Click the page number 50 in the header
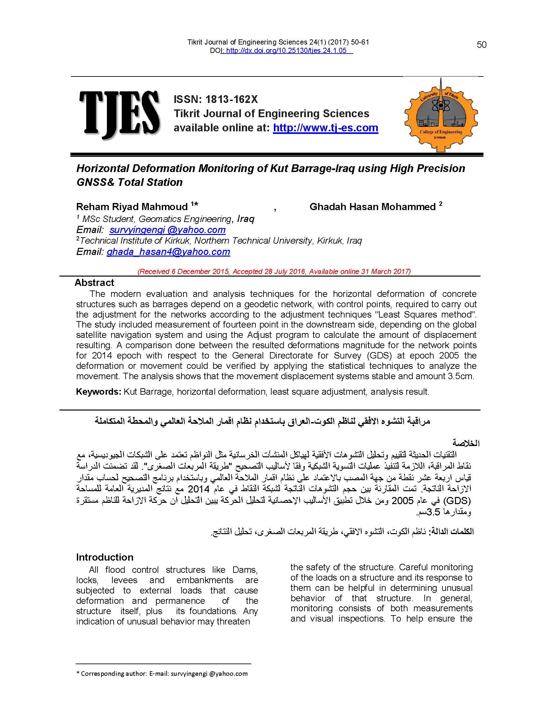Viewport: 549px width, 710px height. point(482,45)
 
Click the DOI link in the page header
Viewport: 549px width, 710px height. point(286,51)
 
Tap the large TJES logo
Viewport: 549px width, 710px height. point(119,114)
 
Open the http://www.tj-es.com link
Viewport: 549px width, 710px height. point(326,128)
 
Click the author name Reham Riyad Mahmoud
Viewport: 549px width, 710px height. point(132,207)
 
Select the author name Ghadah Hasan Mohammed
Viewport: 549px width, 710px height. point(372,207)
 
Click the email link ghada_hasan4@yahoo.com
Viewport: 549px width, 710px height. point(169,252)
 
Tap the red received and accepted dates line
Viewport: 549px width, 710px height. point(274,271)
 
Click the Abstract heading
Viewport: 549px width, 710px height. point(94,282)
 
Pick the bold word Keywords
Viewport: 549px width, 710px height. point(98,392)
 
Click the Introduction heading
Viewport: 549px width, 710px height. point(105,557)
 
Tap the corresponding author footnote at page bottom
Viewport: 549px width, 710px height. point(162,674)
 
